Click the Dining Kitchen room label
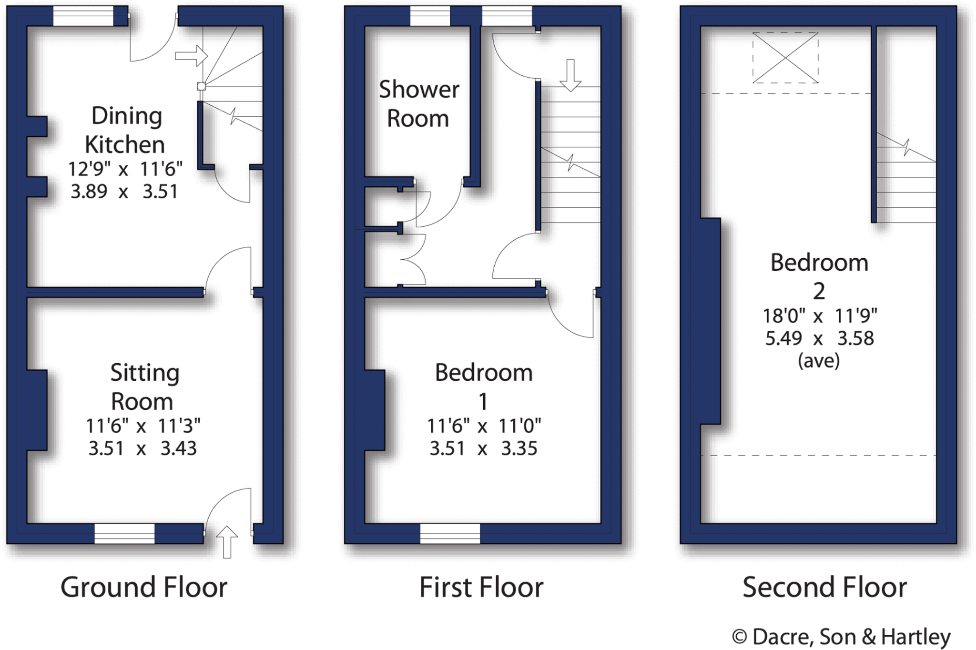[x=126, y=130]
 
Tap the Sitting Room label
[x=143, y=386]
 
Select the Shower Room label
[x=418, y=104]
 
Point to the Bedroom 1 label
[x=483, y=386]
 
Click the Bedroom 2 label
[x=819, y=276]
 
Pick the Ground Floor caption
[x=143, y=587]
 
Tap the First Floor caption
[x=481, y=587]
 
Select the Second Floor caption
[x=824, y=587]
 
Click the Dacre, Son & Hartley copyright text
[x=841, y=637]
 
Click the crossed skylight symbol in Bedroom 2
[x=785, y=58]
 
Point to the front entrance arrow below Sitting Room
[x=227, y=542]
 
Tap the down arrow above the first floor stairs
[x=570, y=75]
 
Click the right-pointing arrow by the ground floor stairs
[x=191, y=56]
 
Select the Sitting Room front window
[x=124, y=534]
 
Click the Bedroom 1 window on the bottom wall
[x=450, y=534]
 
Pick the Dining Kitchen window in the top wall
[x=83, y=16]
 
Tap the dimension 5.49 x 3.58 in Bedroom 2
[x=819, y=338]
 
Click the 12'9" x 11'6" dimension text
[x=125, y=169]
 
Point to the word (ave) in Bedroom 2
[x=819, y=361]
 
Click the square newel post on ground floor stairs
[x=202, y=86]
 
